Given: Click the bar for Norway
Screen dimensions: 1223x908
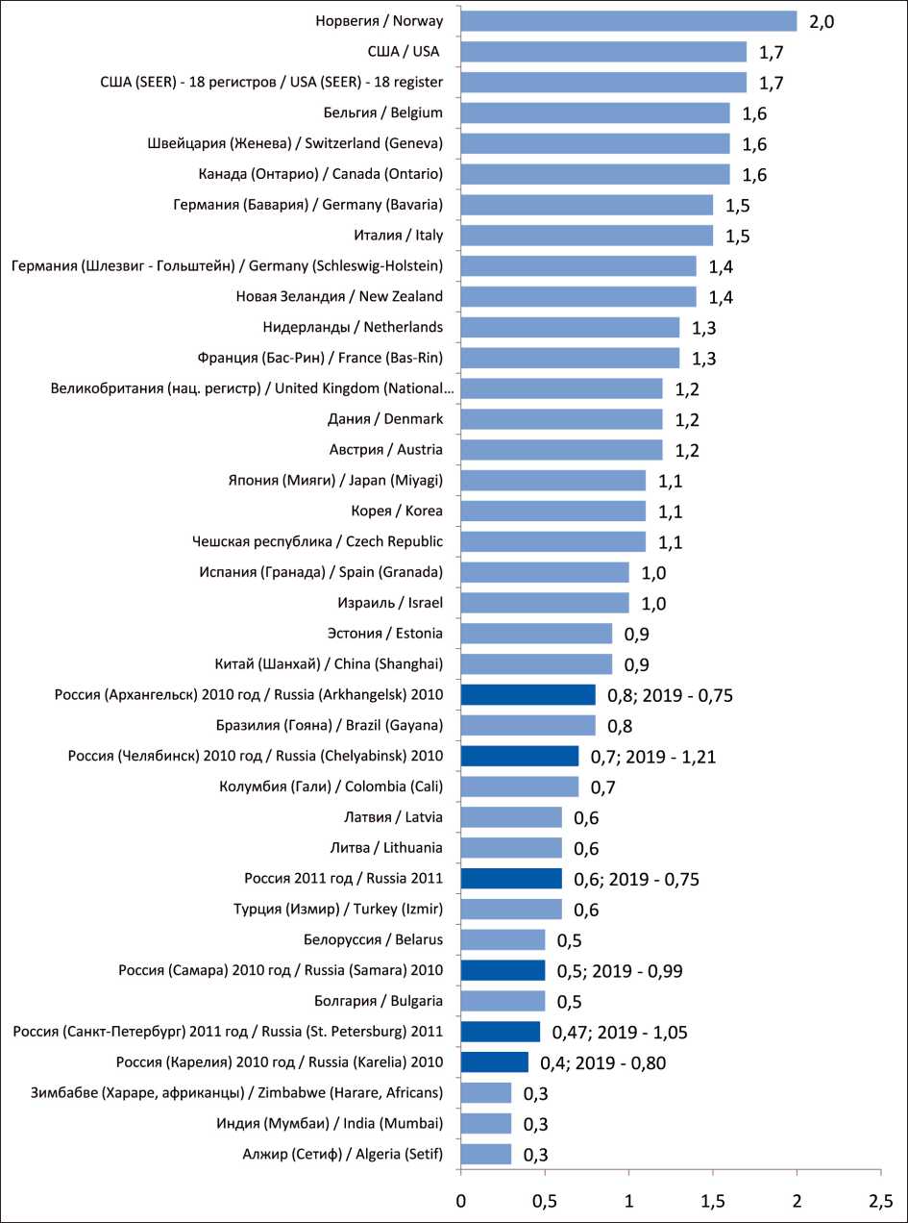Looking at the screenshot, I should [628, 21].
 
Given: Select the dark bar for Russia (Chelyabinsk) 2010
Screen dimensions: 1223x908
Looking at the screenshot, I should [520, 757].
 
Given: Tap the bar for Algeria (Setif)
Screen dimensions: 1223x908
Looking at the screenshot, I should [486, 1155].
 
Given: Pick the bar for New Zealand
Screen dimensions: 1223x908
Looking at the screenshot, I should [578, 296].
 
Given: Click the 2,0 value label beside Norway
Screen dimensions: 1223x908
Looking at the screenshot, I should [822, 21].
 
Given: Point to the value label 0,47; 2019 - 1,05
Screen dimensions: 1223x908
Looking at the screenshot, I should [619, 1034].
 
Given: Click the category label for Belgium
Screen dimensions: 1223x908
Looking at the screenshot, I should [388, 112].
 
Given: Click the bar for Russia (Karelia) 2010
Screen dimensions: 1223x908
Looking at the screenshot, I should [495, 1062].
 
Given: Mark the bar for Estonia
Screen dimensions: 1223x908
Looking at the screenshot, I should [536, 634].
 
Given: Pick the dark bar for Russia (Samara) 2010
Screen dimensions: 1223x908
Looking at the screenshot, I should [503, 970].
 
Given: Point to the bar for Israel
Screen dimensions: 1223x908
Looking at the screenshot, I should [545, 603].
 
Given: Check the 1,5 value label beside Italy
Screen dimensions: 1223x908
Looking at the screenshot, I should [738, 236].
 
